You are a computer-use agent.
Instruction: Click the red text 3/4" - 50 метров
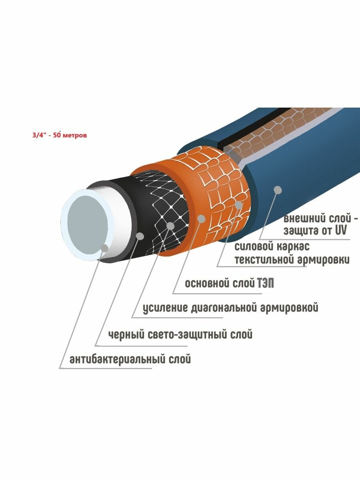tap(59, 135)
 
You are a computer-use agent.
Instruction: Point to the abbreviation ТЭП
tap(264, 283)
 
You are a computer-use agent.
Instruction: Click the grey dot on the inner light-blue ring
tap(104, 248)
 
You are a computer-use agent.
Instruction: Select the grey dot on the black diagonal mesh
tap(171, 226)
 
